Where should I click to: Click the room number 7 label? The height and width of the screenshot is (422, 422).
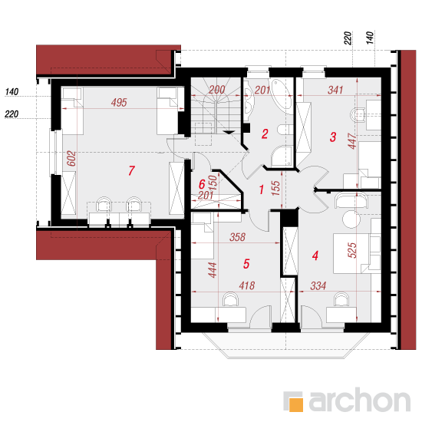131,170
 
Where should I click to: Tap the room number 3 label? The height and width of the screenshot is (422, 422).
333,137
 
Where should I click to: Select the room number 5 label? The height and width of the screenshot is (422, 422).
246,264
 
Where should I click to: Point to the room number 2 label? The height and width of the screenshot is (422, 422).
265,134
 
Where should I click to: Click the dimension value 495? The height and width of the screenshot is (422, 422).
119,102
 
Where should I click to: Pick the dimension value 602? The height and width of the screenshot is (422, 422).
71,158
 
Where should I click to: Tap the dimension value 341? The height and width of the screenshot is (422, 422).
335,90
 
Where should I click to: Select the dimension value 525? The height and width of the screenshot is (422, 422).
352,250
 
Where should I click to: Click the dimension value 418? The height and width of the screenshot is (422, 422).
247,285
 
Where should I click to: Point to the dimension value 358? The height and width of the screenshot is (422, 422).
237,237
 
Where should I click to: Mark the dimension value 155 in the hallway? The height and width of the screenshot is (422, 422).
276,188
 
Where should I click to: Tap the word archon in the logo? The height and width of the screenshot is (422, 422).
360,401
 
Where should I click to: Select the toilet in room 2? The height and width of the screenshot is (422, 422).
285,130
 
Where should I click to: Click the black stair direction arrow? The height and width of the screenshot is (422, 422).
229,132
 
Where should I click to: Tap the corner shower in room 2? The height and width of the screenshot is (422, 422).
282,157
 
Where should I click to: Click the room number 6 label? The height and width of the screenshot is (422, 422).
202,184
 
